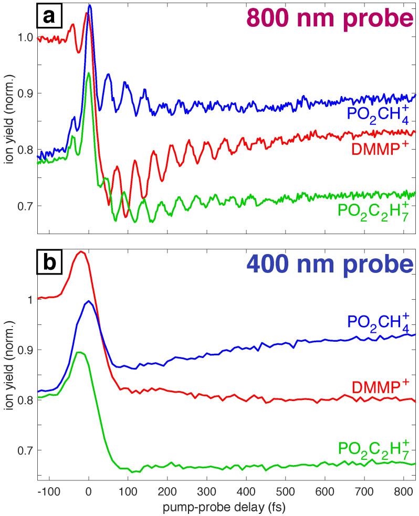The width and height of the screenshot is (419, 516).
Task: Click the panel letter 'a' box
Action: tap(49, 17)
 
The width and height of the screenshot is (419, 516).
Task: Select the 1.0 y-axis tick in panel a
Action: tap(25, 38)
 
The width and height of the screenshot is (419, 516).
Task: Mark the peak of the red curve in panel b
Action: tap(81, 251)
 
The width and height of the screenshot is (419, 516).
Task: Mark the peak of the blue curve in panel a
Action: tap(90, 5)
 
